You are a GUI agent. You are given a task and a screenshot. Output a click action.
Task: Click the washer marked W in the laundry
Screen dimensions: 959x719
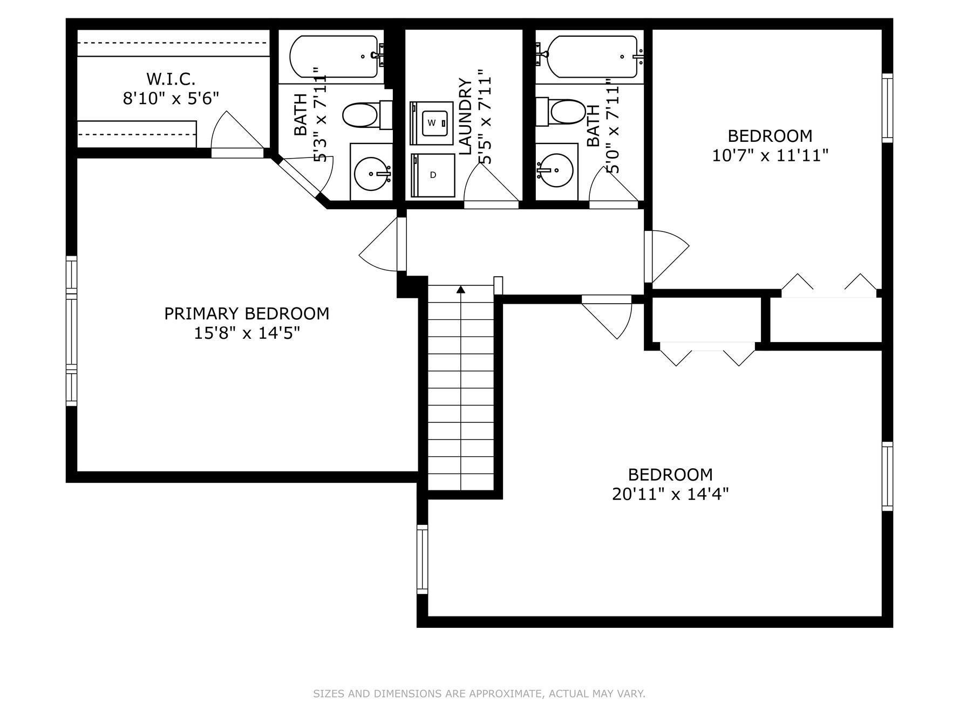432,123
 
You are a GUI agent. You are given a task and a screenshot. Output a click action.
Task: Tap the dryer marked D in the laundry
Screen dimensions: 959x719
433,175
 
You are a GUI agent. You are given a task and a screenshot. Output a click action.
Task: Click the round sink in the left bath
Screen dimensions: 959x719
372,173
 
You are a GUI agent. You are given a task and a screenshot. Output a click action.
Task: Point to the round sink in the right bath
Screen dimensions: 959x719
555,170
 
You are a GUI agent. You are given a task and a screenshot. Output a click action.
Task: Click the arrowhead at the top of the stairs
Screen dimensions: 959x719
461,290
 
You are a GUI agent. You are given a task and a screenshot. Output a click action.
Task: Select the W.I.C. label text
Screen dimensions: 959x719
171,79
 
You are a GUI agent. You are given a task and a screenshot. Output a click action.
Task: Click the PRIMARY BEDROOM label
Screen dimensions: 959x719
247,313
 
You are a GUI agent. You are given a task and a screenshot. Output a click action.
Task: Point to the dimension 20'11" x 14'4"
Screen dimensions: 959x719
670,494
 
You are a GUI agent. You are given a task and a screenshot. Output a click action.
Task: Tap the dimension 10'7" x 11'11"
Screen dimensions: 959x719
770,155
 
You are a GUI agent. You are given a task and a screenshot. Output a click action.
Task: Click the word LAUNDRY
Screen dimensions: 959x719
465,117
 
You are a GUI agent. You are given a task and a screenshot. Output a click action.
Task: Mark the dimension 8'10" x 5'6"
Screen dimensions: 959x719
171,98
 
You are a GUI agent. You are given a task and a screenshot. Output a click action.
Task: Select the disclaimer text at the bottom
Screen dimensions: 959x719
479,694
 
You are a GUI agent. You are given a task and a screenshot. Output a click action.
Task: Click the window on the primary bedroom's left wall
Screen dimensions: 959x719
71,331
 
